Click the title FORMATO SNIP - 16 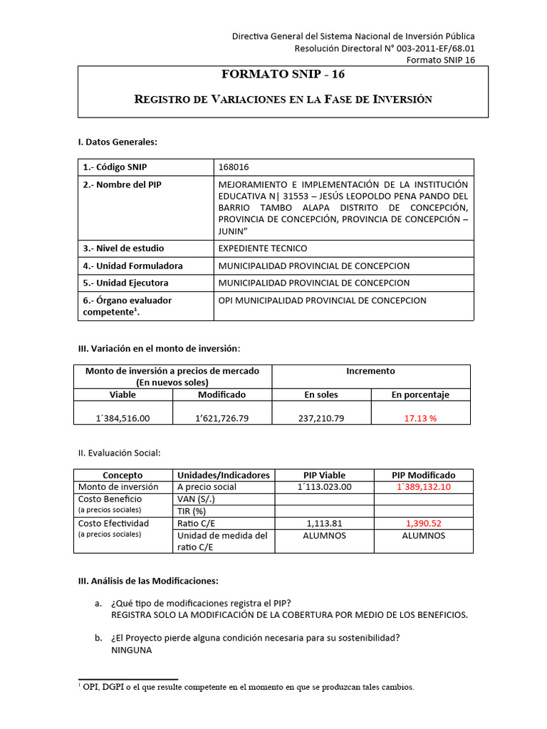coord(283,74)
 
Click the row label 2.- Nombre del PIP coord(123,184)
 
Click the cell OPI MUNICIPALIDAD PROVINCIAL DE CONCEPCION coord(323,300)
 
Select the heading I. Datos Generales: coord(117,142)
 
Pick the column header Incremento coord(370,371)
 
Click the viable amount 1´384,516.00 coord(122,418)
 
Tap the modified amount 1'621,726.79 coord(222,418)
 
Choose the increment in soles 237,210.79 coord(321,418)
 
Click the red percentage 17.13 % coord(420,418)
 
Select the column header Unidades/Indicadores coord(224,475)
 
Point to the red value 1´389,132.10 coord(424,487)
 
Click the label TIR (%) coord(192,511)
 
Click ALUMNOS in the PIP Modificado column coord(424,535)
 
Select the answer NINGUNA coord(132,651)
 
